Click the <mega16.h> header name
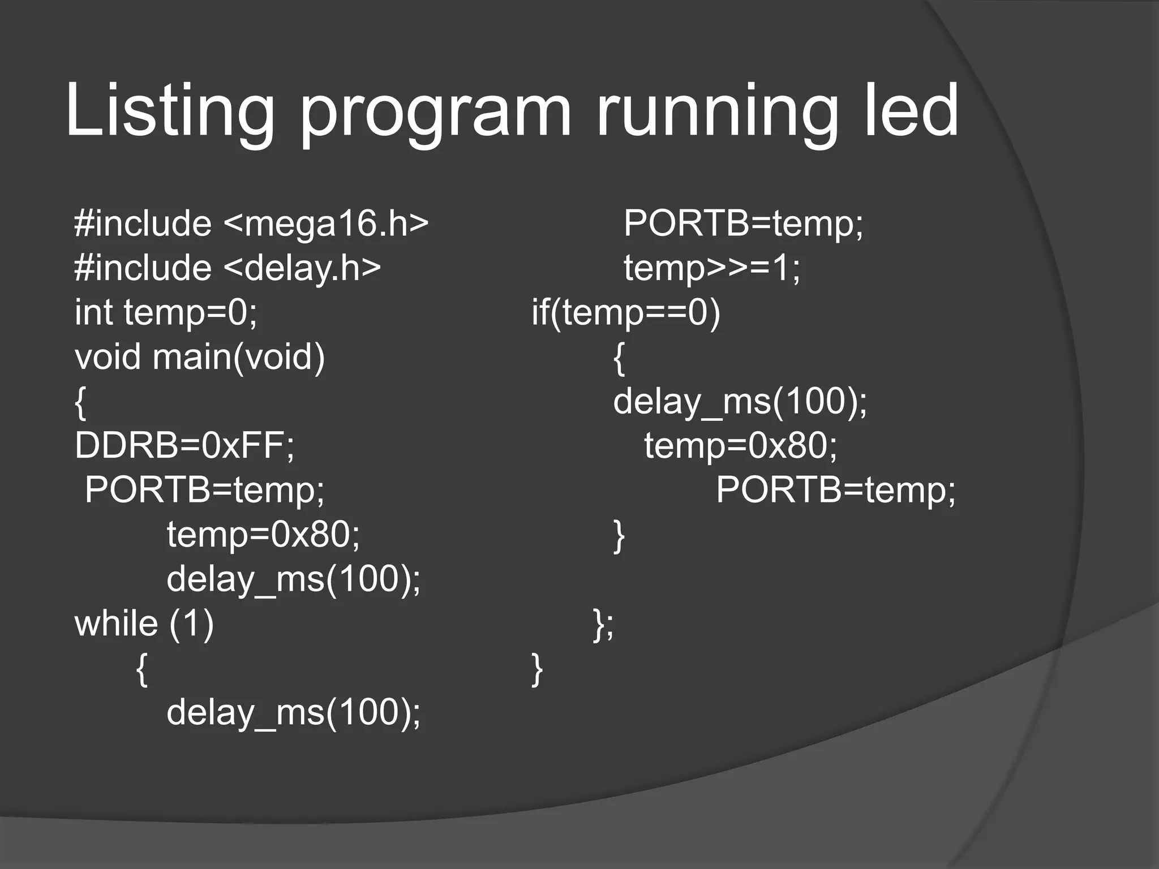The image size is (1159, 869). coord(326,223)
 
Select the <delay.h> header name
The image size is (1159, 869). coord(302,268)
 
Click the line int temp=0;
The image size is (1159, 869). coord(166,312)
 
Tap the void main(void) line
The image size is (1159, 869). coord(200,357)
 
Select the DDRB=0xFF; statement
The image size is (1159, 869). coord(184,445)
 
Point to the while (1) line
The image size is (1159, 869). coord(144,623)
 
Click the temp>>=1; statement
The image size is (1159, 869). coord(712,268)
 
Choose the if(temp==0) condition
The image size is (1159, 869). coord(626,312)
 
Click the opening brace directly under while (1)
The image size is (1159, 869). coord(143,669)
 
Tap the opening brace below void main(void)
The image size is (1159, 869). coord(81,402)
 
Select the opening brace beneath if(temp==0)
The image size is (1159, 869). coord(620,358)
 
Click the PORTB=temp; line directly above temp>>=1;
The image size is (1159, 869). coord(744,223)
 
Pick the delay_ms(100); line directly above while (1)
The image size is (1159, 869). coord(294,579)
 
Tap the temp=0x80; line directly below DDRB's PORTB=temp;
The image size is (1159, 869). coord(263,534)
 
